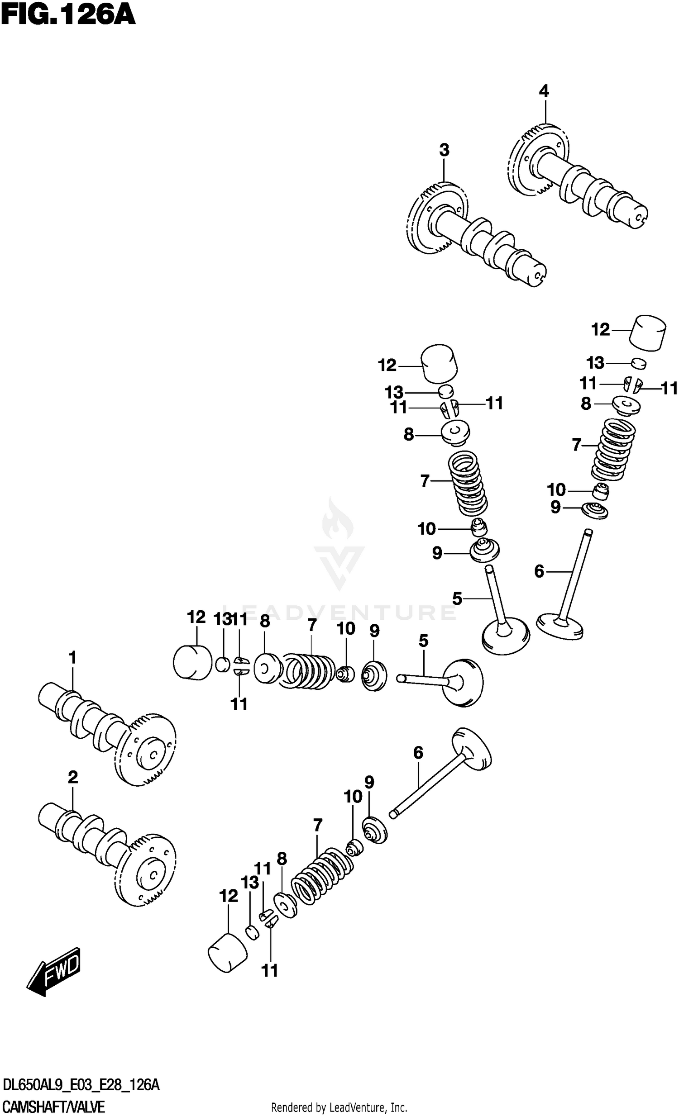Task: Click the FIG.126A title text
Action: click(x=68, y=15)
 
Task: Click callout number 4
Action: click(x=544, y=91)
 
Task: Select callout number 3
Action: click(x=444, y=150)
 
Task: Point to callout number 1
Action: click(x=72, y=657)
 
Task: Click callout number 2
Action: click(x=72, y=777)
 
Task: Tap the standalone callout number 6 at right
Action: click(x=539, y=572)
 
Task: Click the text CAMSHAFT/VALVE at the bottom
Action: click(x=53, y=1107)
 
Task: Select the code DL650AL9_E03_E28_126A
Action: click(x=81, y=1085)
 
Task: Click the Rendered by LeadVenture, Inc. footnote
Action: click(x=339, y=1108)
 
